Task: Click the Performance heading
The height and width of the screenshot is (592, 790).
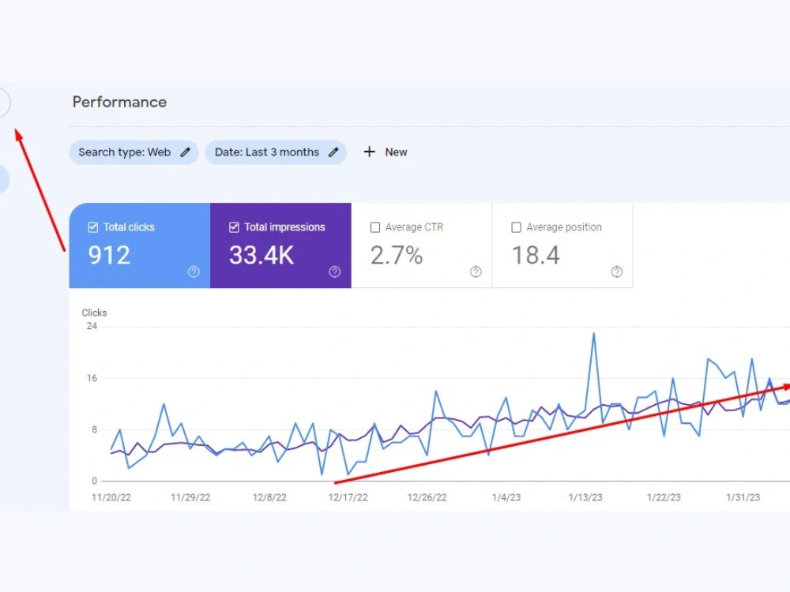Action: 119,102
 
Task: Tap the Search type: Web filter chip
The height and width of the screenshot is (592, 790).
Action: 134,152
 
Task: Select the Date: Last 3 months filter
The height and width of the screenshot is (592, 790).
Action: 276,152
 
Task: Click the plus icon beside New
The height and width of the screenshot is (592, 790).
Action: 369,152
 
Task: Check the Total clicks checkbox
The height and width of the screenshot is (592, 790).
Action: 93,227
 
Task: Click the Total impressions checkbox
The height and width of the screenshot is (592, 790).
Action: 234,227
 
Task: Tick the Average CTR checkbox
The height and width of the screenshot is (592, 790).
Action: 374,227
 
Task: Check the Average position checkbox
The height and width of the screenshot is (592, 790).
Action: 516,227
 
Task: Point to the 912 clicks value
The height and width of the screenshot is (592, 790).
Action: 109,255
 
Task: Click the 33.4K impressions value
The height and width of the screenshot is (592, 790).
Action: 261,255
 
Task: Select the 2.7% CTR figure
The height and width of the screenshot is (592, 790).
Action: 397,255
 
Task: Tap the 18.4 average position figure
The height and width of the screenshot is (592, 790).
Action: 536,255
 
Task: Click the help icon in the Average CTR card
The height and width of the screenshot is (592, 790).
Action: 476,272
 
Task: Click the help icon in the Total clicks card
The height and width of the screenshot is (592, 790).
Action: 194,272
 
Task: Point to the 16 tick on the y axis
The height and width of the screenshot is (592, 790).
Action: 92,378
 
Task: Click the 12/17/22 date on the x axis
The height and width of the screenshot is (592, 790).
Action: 348,497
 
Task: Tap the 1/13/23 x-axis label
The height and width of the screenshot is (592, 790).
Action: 585,497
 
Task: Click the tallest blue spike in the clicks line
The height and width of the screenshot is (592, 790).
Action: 594,333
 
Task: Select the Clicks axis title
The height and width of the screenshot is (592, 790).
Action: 94,313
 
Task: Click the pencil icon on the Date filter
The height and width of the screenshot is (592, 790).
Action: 333,152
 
